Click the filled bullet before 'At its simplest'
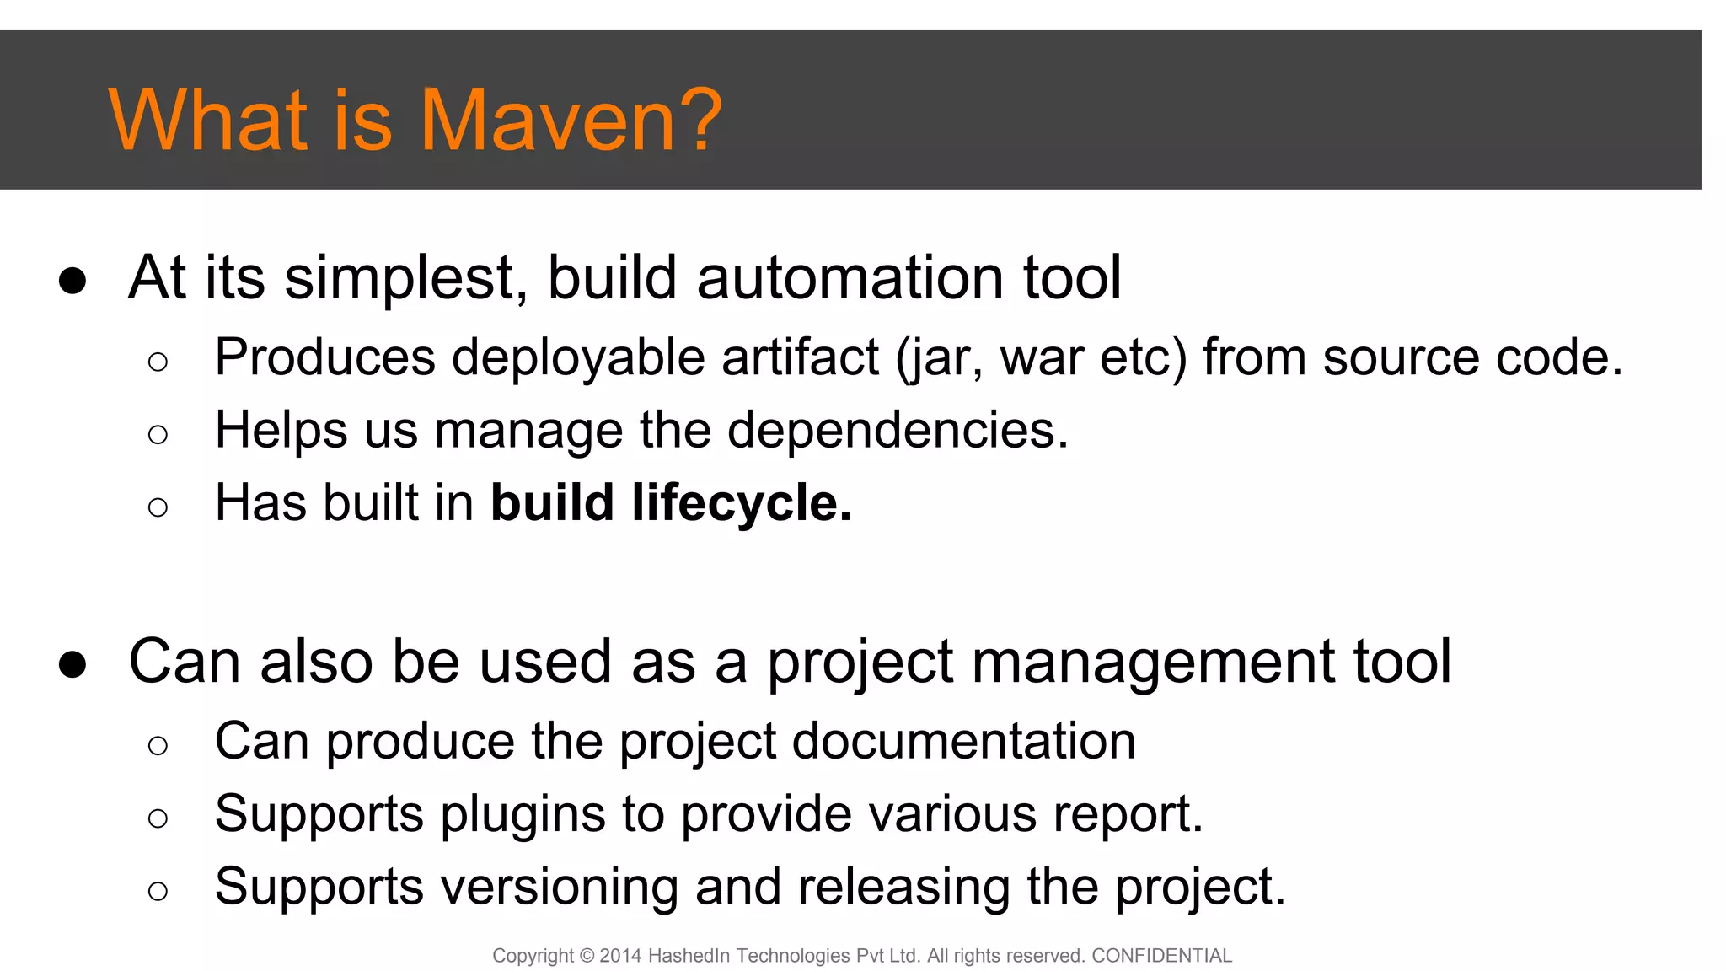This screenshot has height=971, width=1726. coord(72,280)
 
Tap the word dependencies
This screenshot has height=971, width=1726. coord(898,430)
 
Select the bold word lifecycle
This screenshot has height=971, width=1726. coord(742,503)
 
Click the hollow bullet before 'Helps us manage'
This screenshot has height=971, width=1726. coord(158,435)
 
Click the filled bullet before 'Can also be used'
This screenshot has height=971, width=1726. coord(72,664)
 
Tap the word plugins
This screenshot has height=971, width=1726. coord(523,814)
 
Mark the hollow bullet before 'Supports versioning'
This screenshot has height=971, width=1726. coord(158,891)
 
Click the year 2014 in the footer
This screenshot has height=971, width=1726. coord(620,956)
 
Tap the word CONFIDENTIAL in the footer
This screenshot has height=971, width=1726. coord(1161,956)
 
